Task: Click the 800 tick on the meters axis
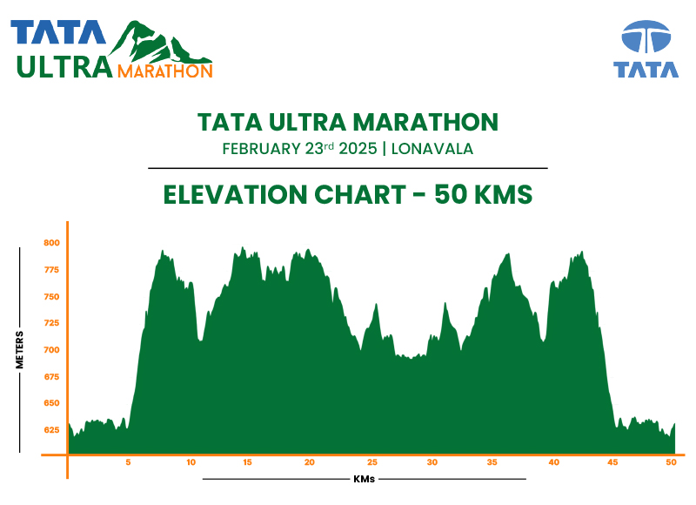tap(51, 243)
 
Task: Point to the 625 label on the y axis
tap(51, 430)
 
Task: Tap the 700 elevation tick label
tap(51, 350)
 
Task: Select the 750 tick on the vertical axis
tap(51, 297)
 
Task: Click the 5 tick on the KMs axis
tap(128, 462)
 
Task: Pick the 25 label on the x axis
tap(372, 462)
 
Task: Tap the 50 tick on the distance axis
tap(670, 462)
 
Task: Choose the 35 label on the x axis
tap(492, 462)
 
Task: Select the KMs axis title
tap(365, 479)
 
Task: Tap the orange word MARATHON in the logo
tap(164, 71)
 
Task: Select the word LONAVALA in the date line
tap(432, 149)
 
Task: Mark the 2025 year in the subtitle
tap(358, 149)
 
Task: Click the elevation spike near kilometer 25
tap(376, 306)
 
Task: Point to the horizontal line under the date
tap(348, 168)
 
